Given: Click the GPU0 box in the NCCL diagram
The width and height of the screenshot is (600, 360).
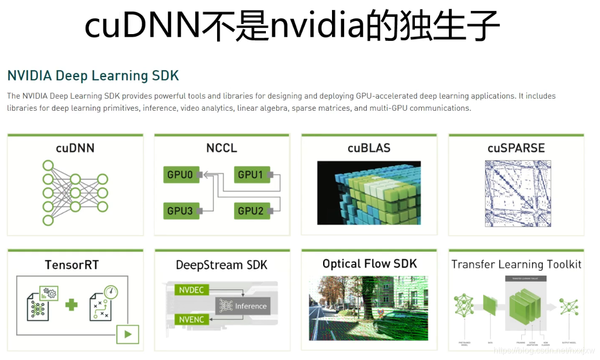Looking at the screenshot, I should tap(180, 175).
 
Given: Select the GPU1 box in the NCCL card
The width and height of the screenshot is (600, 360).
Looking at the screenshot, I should tap(250, 175).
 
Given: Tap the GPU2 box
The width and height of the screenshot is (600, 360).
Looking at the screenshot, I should tap(250, 211).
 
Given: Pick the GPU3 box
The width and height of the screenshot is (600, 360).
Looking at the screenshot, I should tap(180, 211).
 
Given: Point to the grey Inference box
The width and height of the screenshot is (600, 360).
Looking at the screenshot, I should tap(243, 306).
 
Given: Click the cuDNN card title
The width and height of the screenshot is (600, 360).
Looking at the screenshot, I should tap(75, 148).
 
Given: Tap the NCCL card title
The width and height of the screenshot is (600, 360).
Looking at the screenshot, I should tap(221, 148).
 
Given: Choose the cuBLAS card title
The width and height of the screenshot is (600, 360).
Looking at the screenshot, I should tap(369, 148).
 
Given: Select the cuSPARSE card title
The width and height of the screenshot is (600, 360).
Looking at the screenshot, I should tap(516, 148).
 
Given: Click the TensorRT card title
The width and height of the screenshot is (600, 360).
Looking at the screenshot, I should tap(71, 264).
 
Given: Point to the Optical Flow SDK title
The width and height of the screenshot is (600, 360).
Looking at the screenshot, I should tap(369, 263).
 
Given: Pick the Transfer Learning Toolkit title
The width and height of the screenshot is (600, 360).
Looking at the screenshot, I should tap(516, 264).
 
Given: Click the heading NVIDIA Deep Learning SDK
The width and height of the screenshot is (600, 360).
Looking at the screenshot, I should tap(93, 76).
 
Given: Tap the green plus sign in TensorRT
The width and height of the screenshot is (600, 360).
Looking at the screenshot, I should tap(71, 305).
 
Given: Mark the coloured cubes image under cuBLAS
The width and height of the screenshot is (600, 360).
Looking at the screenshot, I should tap(369, 193).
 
